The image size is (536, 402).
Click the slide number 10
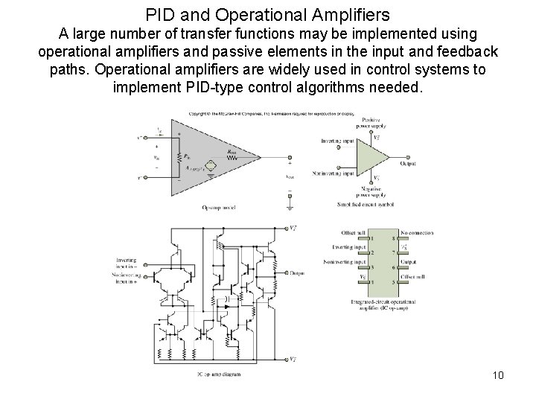[498, 374]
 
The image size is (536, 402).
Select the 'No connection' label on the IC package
[417, 232]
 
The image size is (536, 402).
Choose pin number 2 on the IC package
[360, 253]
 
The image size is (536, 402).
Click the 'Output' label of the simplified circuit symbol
[409, 164]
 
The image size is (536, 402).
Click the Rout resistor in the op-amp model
[232, 157]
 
